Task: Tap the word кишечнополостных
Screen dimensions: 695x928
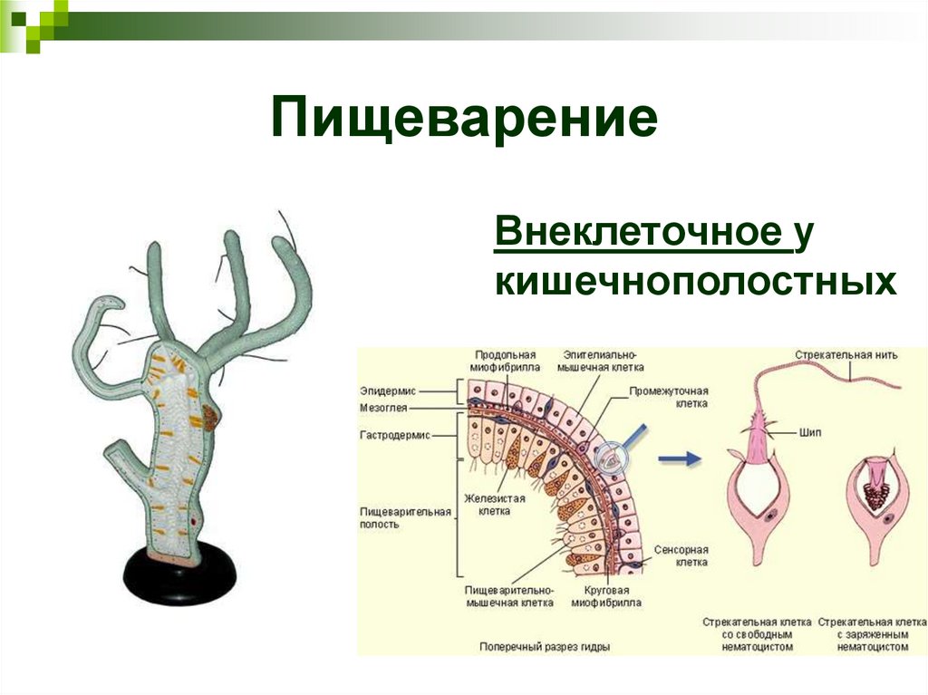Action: point(695,282)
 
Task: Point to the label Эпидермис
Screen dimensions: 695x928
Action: point(388,391)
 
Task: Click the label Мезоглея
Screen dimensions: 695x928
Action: point(389,408)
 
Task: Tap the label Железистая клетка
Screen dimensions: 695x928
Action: point(488,504)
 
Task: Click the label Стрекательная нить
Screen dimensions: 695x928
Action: point(846,354)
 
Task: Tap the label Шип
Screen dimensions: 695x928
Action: point(811,434)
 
